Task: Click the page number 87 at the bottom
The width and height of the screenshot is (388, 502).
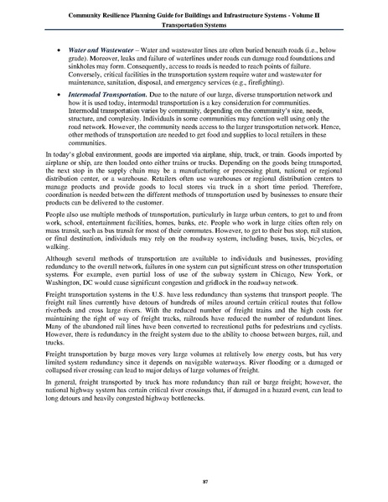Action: [x=194, y=481]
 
